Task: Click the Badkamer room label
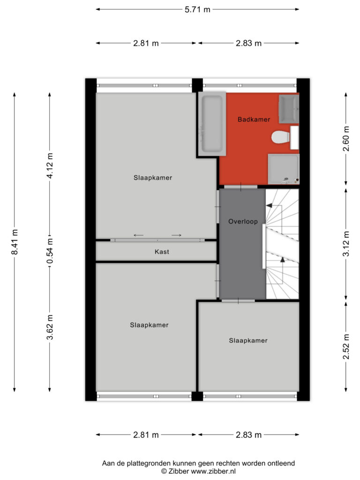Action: (254, 120)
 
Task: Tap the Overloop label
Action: (243, 222)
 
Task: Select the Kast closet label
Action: (162, 252)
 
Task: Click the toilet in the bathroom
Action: (280, 137)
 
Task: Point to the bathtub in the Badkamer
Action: (212, 123)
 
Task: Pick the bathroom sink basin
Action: (289, 109)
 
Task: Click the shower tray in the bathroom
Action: (284, 169)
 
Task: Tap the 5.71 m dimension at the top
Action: (197, 9)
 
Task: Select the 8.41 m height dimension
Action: (15, 242)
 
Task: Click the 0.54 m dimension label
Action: (50, 251)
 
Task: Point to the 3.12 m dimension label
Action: (346, 244)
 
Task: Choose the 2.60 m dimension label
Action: (346, 139)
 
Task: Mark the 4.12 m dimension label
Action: (50, 165)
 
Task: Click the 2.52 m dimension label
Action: (346, 347)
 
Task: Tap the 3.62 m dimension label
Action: (50, 327)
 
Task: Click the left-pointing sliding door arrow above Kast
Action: (138, 235)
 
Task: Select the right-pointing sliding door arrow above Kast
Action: (176, 235)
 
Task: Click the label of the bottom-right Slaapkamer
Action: (248, 340)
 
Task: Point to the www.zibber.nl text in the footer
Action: (213, 472)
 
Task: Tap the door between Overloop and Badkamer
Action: (240, 187)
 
